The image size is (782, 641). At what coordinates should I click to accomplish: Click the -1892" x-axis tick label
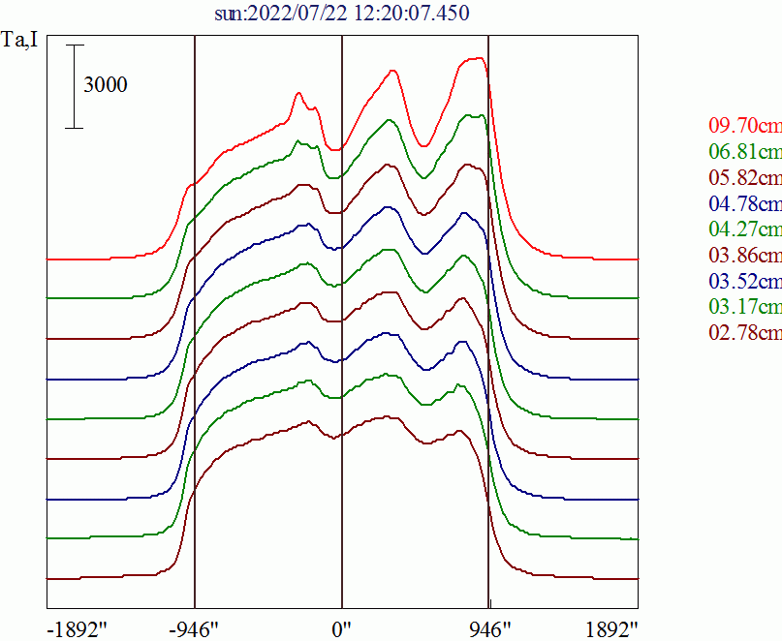tap(78, 628)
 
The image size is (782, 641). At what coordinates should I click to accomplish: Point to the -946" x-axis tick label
tap(195, 628)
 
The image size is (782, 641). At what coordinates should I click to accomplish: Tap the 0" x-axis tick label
tap(342, 628)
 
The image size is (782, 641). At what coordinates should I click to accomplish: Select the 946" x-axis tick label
tap(488, 628)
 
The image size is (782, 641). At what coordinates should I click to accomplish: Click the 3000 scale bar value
tap(105, 85)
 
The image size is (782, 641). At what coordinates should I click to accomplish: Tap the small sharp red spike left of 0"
tap(298, 94)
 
